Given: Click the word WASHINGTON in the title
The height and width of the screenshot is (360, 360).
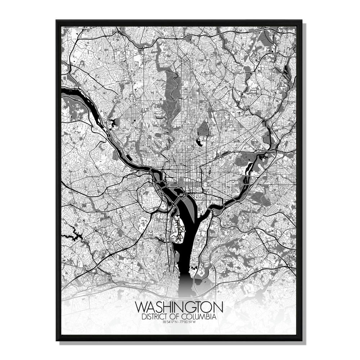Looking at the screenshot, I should [x=179, y=307].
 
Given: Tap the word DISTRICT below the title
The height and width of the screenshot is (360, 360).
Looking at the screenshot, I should [x=154, y=317].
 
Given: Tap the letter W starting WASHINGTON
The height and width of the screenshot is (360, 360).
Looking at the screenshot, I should [x=141, y=307].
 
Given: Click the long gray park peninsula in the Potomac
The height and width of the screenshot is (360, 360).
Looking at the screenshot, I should [x=187, y=209].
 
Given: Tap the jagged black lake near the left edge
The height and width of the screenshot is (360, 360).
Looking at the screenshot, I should [x=76, y=234].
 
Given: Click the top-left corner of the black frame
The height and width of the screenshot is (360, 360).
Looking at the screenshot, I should [x=57, y=21].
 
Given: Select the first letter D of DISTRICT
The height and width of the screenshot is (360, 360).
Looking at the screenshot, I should [x=144, y=317].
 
